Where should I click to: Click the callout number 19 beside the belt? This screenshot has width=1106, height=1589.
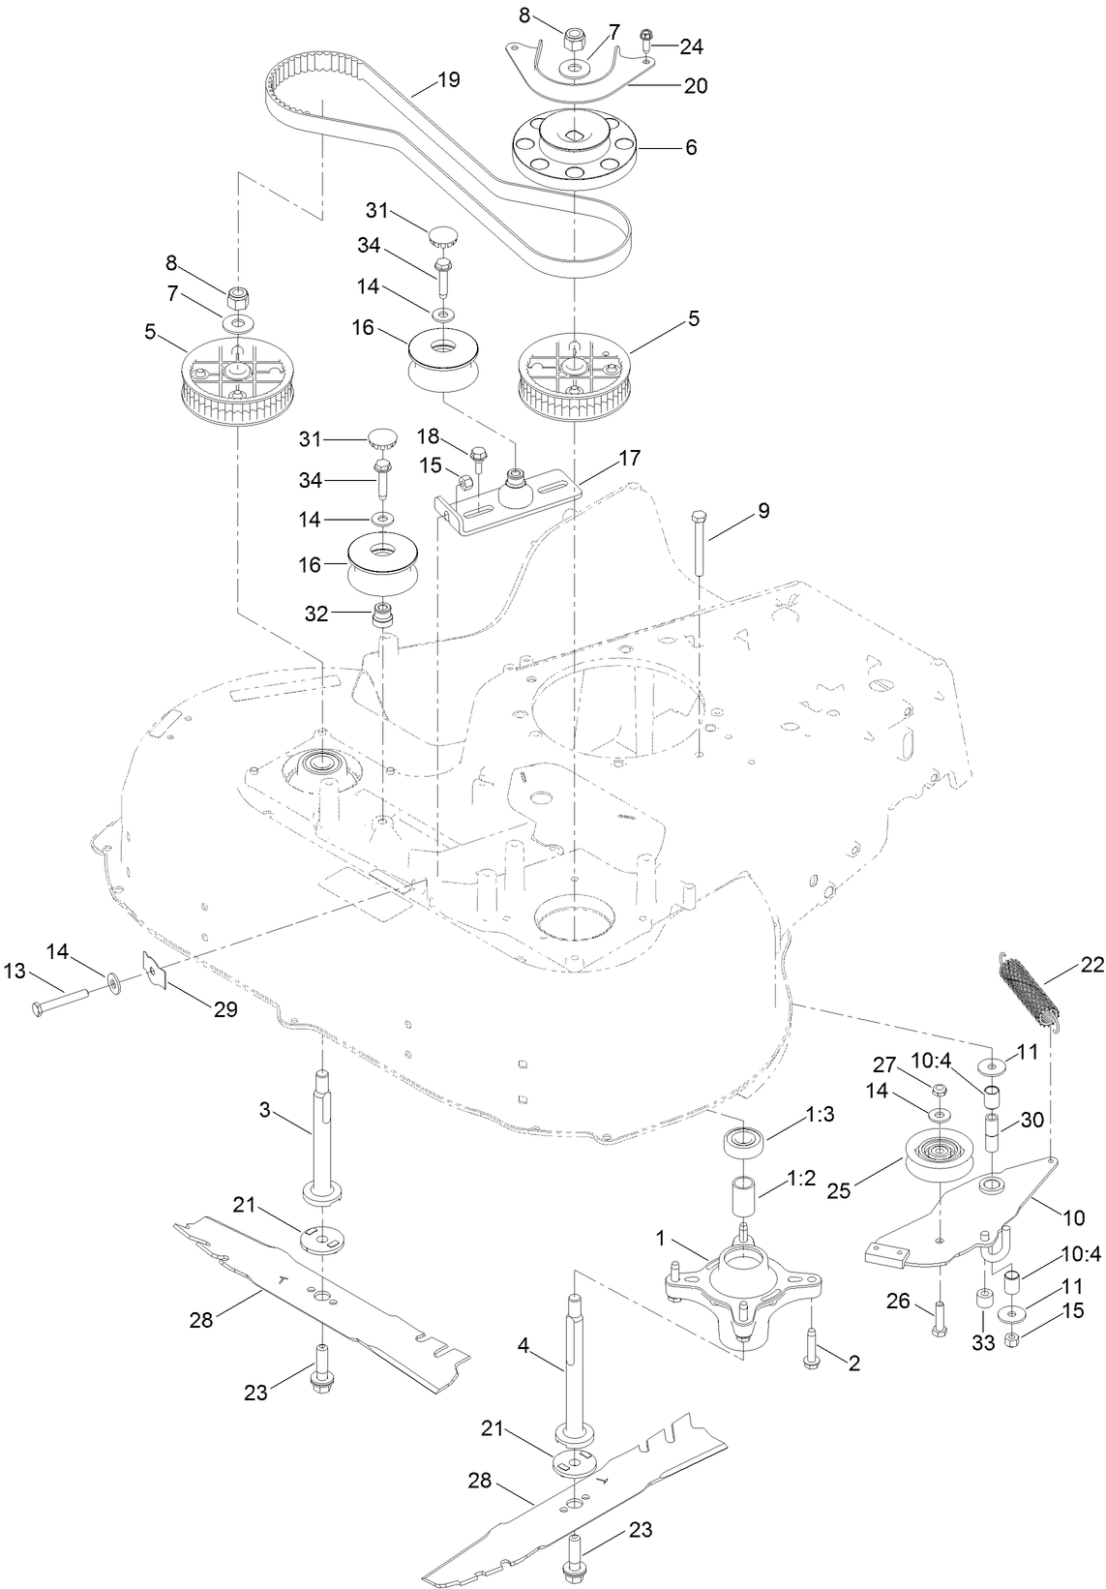[x=448, y=80]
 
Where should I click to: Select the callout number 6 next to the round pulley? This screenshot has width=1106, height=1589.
[x=691, y=148]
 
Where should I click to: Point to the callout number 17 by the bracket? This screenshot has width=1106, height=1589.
[x=630, y=459]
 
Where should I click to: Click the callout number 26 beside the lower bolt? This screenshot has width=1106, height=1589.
[x=898, y=1303]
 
